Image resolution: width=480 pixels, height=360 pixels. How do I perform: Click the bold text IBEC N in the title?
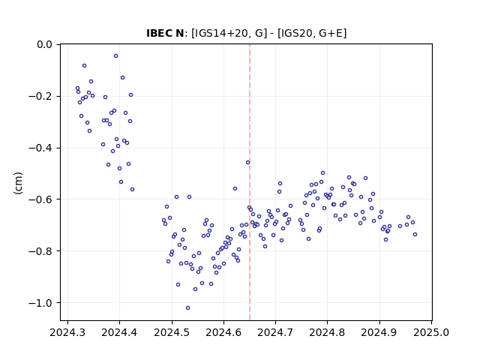tap(165, 33)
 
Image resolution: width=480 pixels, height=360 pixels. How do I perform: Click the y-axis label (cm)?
tap(18, 183)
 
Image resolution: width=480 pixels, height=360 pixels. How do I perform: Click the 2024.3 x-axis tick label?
tap(67, 332)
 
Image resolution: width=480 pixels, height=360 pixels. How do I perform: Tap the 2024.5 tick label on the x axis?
tap(172, 332)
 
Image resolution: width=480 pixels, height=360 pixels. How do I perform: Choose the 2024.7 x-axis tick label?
tap(275, 332)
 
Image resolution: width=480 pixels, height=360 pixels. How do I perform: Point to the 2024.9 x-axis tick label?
tap(379, 332)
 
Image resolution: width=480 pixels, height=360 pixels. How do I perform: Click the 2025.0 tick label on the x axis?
tap(431, 332)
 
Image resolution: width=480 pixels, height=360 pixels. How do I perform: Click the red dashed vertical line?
tap(250, 182)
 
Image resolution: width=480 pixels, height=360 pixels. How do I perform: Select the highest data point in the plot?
tap(115, 56)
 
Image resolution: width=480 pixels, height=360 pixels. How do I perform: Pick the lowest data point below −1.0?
tap(187, 308)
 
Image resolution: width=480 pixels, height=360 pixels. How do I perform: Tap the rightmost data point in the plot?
tap(415, 235)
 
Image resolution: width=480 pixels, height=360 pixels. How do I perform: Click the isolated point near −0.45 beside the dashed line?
tap(247, 163)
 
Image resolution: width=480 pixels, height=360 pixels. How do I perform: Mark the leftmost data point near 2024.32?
tap(77, 88)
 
